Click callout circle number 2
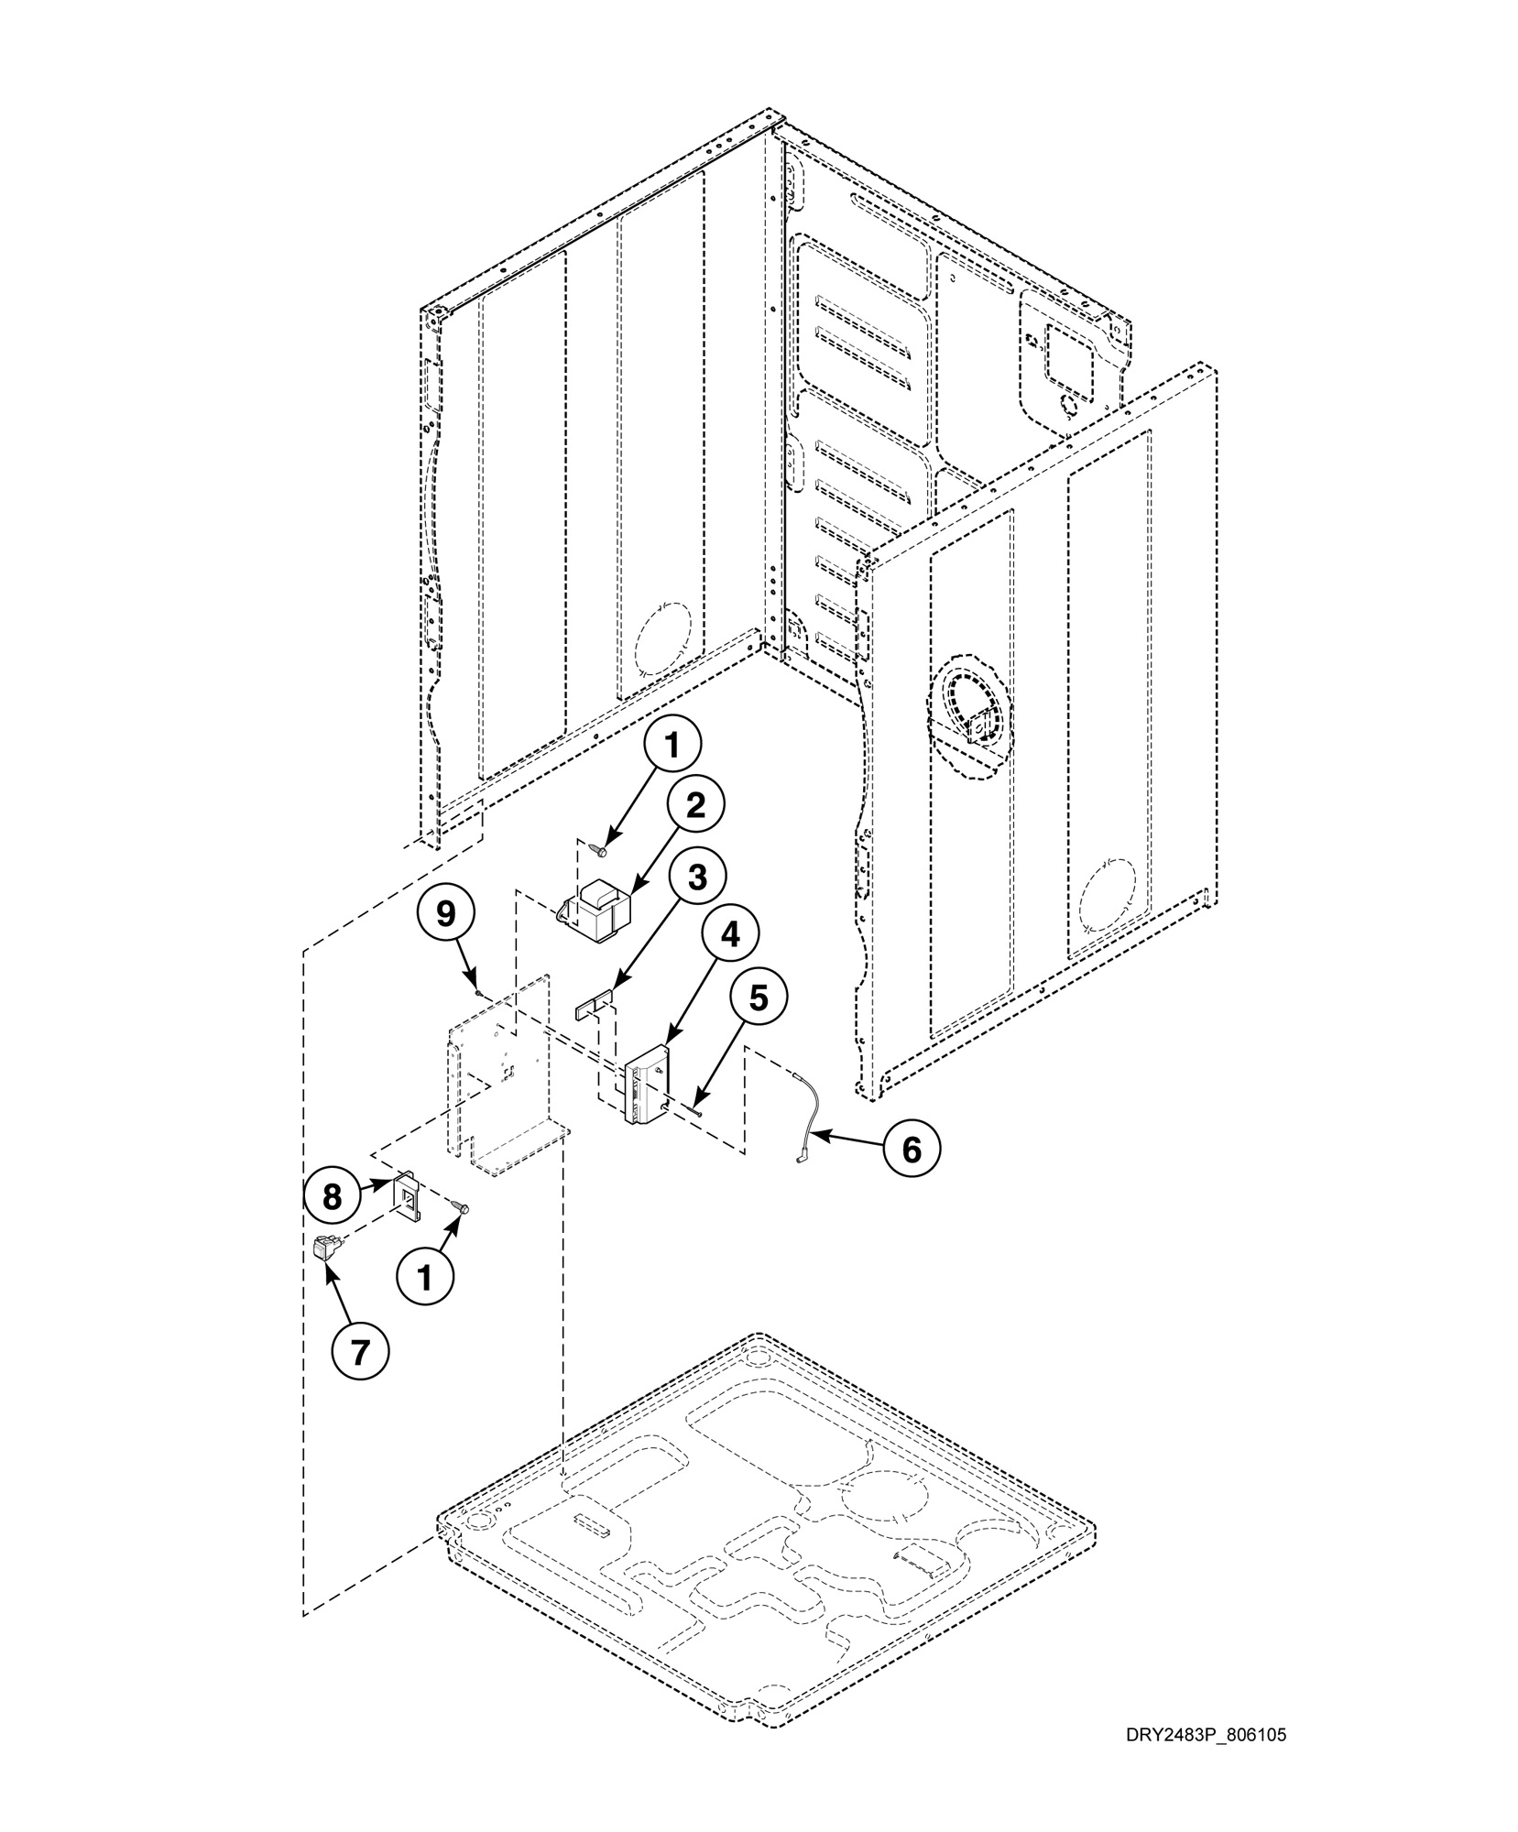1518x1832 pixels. tap(695, 806)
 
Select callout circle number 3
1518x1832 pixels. tap(697, 877)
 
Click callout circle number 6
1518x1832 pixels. tap(911, 1149)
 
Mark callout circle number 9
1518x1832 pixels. tap(446, 914)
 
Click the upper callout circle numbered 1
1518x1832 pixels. tap(672, 747)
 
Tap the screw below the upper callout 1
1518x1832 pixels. tap(601, 852)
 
